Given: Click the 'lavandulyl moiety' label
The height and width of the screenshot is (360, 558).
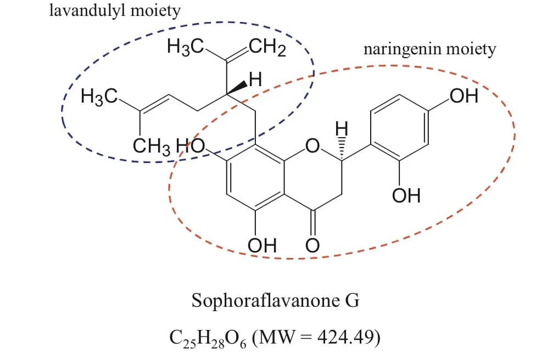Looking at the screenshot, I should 114,12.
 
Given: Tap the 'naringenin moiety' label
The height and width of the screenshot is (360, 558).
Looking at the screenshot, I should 429,49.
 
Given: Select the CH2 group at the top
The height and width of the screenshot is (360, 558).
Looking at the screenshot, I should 267,49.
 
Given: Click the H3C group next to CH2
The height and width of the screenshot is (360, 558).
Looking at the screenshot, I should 186,49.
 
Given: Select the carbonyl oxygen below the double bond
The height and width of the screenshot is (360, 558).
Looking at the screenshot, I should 312,244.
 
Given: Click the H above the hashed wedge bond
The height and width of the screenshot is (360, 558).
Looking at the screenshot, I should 342,128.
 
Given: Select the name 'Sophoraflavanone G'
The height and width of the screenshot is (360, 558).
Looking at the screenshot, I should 275,300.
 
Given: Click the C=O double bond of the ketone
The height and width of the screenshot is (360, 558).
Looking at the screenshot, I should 312,223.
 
